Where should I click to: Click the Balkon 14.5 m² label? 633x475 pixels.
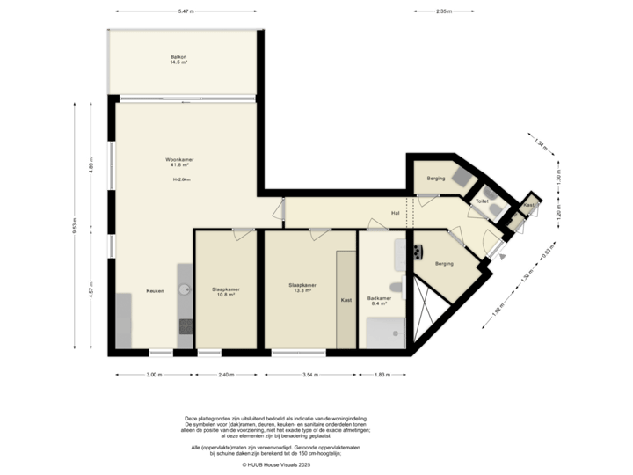tap(179, 61)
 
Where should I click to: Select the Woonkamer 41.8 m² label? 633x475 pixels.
tap(179, 162)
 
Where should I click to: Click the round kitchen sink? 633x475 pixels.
tap(185, 288)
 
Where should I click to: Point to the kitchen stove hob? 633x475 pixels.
tap(186, 326)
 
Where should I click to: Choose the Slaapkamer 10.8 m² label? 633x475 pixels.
tap(226, 291)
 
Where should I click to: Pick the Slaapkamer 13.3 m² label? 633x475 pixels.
tap(302, 288)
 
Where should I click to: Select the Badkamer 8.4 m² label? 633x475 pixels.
tap(380, 300)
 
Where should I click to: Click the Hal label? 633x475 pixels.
tap(396, 214)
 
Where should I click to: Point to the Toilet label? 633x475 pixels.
tap(481, 201)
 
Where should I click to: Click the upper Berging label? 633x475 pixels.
tap(436, 179)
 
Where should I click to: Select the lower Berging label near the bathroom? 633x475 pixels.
tap(444, 263)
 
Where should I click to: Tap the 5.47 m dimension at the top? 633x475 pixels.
tap(185, 11)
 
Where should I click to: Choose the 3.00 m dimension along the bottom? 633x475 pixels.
tap(153, 375)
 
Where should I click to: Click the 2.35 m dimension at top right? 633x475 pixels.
tap(444, 11)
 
